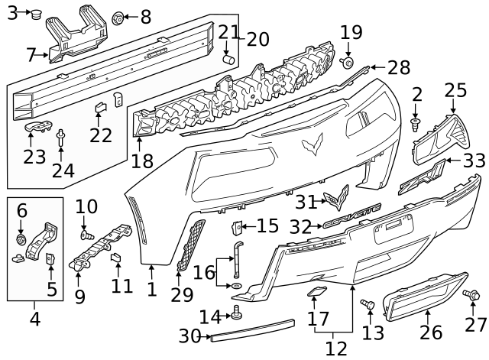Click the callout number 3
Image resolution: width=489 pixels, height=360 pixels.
coord(11,12)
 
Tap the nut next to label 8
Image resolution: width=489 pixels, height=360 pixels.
coord(118,16)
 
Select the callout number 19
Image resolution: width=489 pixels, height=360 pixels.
coord(351,32)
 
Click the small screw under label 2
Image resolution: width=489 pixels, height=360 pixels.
coord(416,123)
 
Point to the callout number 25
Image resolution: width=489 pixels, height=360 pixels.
coord(455,91)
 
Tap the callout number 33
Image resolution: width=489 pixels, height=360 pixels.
coord(474,161)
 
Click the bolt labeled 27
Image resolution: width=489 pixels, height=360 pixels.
coord(470,294)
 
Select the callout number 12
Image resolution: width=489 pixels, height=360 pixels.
coord(334,348)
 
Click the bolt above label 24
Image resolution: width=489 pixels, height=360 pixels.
coord(60,137)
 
